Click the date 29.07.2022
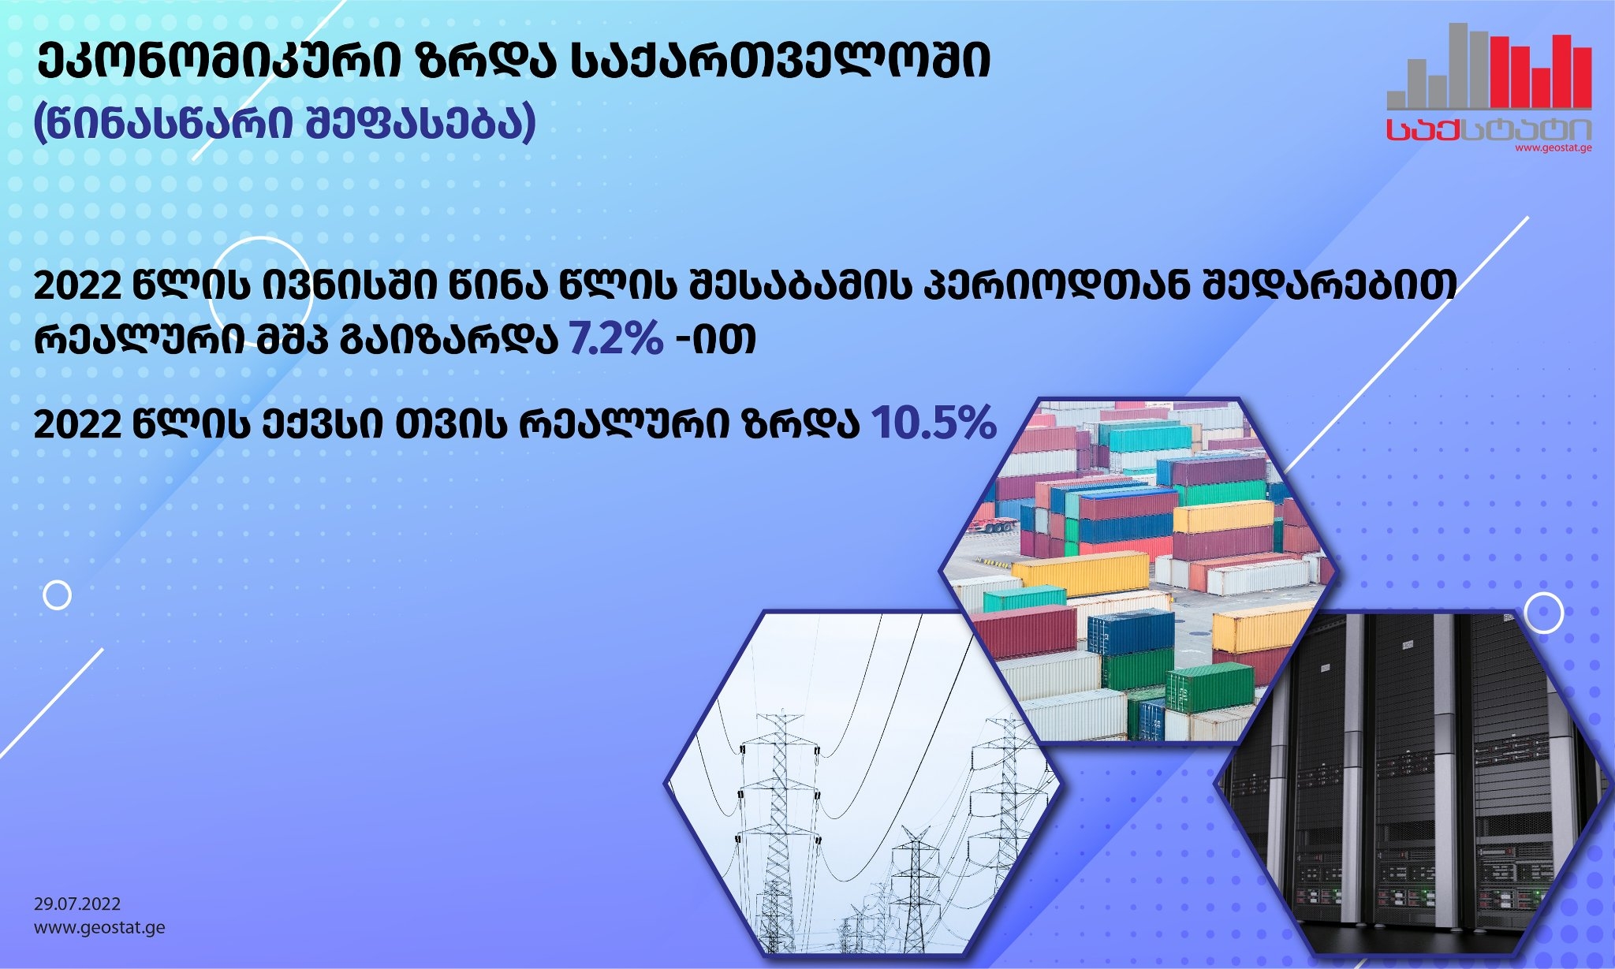click(77, 904)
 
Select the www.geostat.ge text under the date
click(99, 927)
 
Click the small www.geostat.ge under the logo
click(1553, 147)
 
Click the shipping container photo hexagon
click(1137, 569)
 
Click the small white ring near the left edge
click(57, 595)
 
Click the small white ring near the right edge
click(1543, 613)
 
